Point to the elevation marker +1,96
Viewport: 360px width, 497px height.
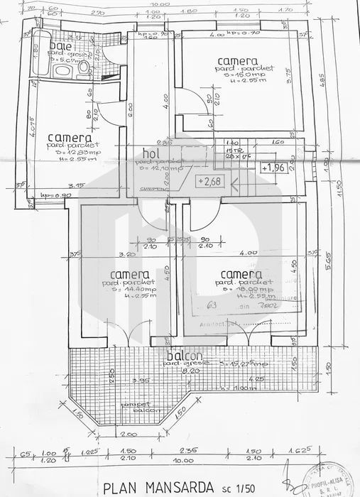(x=276, y=168)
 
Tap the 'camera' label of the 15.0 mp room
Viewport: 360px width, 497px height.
(x=237, y=61)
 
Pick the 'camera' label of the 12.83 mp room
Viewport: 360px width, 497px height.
(x=69, y=137)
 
